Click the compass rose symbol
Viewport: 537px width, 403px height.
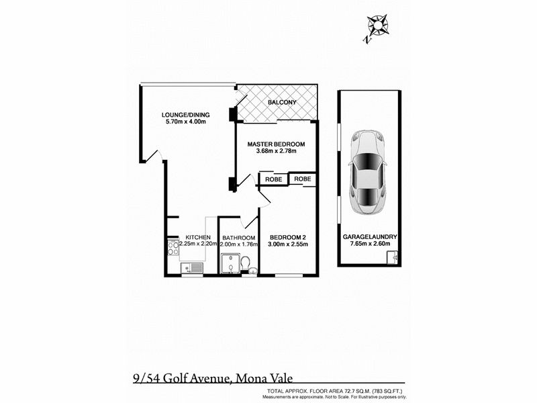click(x=377, y=26)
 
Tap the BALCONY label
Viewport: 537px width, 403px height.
click(x=282, y=102)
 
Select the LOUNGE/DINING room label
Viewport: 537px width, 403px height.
click(x=186, y=115)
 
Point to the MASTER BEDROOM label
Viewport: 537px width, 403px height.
click(x=276, y=144)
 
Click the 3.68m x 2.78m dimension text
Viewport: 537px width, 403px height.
click(x=276, y=150)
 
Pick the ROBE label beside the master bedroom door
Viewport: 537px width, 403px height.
click(x=274, y=179)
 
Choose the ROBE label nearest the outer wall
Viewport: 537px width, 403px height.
click(x=303, y=179)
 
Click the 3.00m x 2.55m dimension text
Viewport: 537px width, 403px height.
click(x=288, y=244)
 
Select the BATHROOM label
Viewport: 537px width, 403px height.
click(x=239, y=238)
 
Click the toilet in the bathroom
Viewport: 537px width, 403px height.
click(x=245, y=264)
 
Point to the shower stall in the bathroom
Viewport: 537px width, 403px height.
click(x=230, y=263)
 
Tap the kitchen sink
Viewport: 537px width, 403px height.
click(x=192, y=267)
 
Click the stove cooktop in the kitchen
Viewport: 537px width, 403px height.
click(x=173, y=248)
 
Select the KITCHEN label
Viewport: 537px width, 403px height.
click(x=198, y=238)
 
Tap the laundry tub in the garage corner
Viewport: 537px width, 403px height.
click(x=393, y=257)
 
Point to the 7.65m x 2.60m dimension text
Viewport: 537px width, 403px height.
click(x=370, y=244)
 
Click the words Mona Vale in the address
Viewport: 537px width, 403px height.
click(x=264, y=378)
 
